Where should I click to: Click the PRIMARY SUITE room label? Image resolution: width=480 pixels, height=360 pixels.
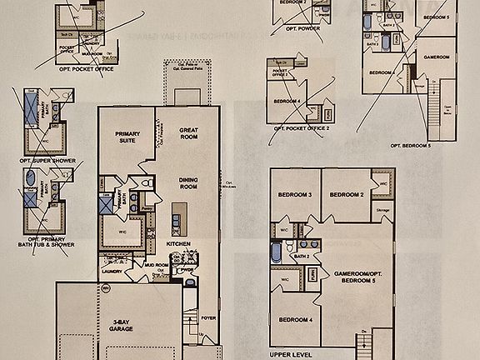click(x=127, y=137)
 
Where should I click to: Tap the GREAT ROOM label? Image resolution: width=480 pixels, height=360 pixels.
click(x=192, y=134)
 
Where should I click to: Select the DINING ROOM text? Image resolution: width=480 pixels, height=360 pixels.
click(x=192, y=184)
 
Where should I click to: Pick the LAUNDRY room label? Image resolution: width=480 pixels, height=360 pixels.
click(x=112, y=269)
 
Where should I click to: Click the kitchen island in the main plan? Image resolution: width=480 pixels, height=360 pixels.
click(x=175, y=221)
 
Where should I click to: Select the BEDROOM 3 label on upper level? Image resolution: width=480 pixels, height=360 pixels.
click(x=296, y=195)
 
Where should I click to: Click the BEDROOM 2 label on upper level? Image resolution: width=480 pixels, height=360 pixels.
click(x=347, y=195)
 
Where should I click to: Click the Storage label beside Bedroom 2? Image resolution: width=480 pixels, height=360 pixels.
click(x=383, y=209)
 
